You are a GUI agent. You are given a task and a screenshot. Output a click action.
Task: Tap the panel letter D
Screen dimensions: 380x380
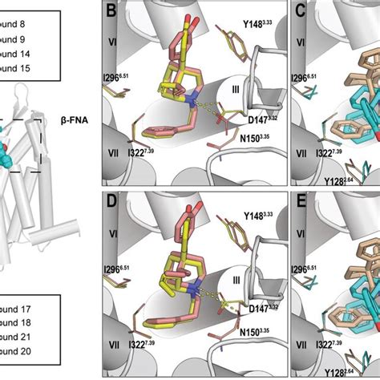point(108,202)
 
